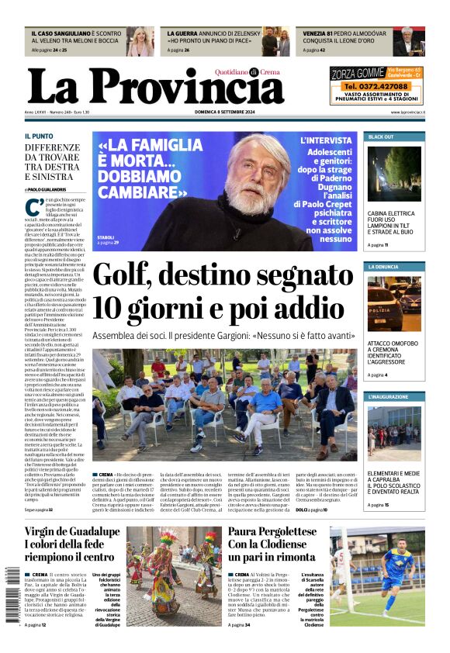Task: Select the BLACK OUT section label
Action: (381, 136)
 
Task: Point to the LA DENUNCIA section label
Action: (384, 267)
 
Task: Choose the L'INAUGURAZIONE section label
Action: (388, 396)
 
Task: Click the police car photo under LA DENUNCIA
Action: (395, 302)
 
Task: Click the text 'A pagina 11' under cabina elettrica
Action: (378, 244)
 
